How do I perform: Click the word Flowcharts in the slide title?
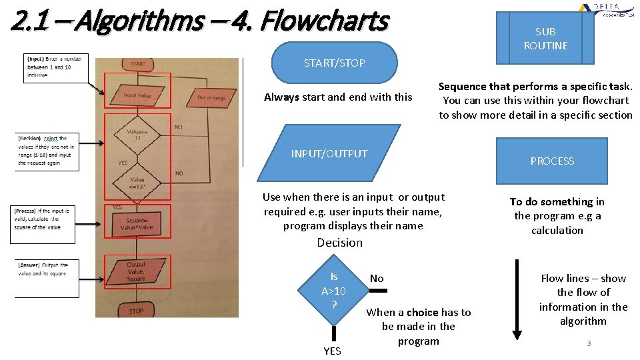(324, 21)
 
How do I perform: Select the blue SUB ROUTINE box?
(545, 39)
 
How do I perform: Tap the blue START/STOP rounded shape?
(334, 63)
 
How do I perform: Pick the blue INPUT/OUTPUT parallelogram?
(329, 154)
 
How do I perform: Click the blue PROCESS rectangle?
(552, 161)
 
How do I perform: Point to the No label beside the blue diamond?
(377, 279)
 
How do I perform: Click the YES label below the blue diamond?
(332, 351)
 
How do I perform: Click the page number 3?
(589, 343)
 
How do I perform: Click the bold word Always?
(281, 97)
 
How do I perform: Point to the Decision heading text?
(340, 243)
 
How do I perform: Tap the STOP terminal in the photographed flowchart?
(137, 311)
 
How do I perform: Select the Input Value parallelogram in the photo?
(137, 95)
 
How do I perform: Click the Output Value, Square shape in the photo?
(137, 272)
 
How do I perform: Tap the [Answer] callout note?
(47, 270)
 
